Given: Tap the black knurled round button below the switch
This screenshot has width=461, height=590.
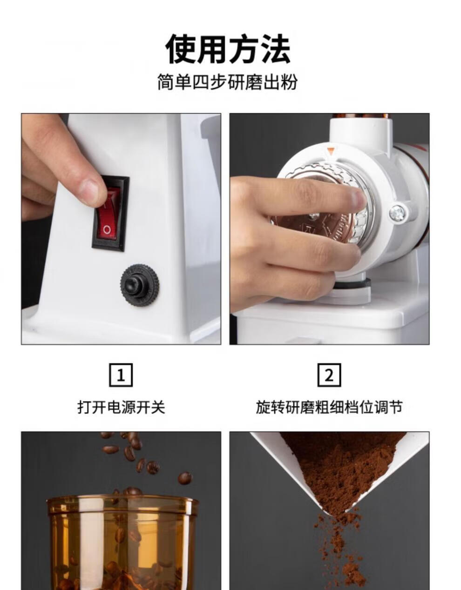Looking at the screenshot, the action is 140,285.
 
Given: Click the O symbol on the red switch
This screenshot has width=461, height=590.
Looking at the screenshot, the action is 107,230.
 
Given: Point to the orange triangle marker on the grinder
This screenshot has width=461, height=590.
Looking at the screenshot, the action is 330,151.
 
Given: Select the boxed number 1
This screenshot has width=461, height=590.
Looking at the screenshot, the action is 121,375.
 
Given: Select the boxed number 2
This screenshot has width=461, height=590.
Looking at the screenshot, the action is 329,375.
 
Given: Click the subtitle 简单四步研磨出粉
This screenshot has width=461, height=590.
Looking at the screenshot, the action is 228,81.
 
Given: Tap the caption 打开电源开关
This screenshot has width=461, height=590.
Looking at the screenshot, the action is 121,407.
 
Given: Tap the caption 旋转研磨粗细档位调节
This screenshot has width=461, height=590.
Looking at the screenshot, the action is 329,407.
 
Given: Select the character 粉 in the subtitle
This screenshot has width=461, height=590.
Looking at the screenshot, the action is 289,81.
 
